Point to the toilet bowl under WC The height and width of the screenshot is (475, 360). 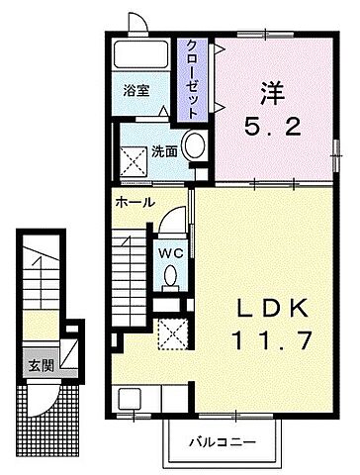pyautogui.click(x=170, y=277)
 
